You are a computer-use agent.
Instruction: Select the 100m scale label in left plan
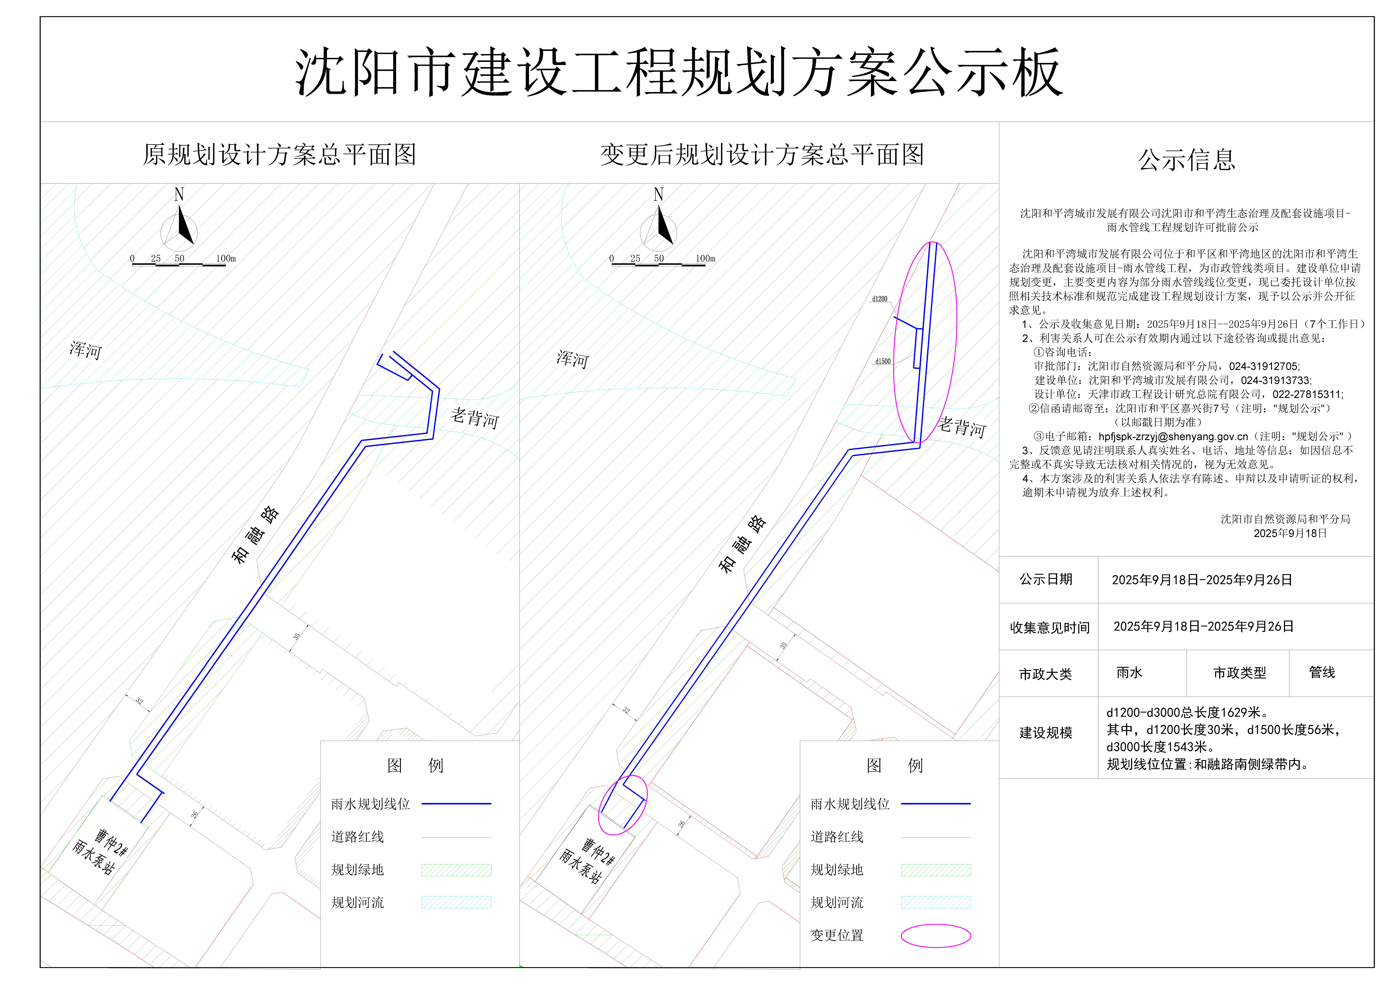tap(226, 258)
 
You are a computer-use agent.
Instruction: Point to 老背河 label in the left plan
tap(475, 418)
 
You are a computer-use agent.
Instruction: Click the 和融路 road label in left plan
tap(256, 535)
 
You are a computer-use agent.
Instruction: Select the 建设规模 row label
tap(1046, 733)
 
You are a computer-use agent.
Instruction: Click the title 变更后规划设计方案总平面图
tap(762, 155)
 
